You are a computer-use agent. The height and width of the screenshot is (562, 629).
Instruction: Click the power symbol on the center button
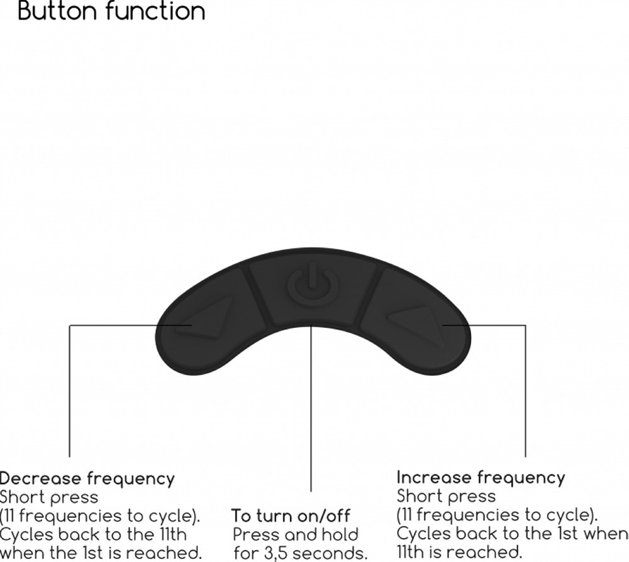[x=313, y=286]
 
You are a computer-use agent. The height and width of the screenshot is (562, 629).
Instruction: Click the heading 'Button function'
[x=111, y=11]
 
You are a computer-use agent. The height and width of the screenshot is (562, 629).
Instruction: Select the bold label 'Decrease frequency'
[x=87, y=478]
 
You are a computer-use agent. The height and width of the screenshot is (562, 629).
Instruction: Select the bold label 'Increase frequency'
[x=481, y=478]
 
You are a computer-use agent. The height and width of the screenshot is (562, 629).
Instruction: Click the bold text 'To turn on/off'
[x=291, y=516]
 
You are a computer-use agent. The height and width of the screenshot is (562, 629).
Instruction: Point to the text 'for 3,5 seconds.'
[x=301, y=553]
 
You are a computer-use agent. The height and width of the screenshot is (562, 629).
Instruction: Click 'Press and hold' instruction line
[x=296, y=535]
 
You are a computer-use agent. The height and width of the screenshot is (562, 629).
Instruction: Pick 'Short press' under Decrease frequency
[x=49, y=497]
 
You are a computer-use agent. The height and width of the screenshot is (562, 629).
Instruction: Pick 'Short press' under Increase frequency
[x=446, y=497]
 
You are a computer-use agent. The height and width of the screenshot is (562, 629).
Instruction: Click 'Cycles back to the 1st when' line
[x=512, y=534]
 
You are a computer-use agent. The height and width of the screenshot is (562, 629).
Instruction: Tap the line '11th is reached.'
[x=459, y=552]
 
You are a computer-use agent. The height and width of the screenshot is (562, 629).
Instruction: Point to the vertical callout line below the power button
[x=311, y=408]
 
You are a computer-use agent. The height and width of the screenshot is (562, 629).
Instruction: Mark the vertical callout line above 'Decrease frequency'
[x=70, y=391]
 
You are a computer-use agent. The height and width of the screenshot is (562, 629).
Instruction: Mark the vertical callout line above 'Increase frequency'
[x=525, y=391]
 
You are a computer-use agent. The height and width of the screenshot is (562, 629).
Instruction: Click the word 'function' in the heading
[x=156, y=11]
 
